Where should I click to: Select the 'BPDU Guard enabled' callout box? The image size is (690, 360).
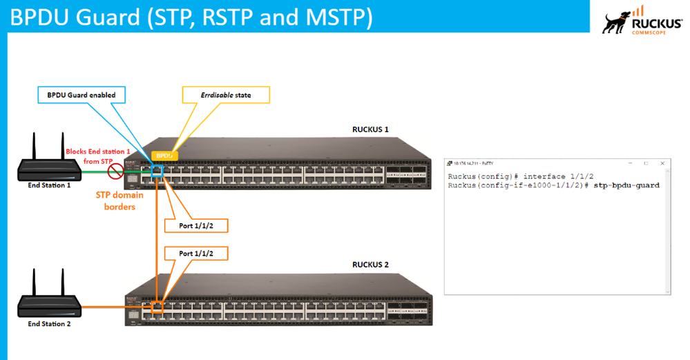pyautogui.click(x=81, y=95)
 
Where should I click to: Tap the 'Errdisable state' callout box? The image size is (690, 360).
pyautogui.click(x=225, y=95)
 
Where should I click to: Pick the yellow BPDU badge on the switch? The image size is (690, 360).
pyautogui.click(x=164, y=156)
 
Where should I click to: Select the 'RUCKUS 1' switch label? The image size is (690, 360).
pyautogui.click(x=370, y=129)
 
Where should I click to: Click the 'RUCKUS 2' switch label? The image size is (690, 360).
pyautogui.click(x=370, y=265)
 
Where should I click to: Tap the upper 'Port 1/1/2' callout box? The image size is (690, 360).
pyautogui.click(x=196, y=225)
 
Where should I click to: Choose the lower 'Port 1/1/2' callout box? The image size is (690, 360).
pyautogui.click(x=196, y=254)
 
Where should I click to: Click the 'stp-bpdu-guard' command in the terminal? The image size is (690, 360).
pyautogui.click(x=626, y=185)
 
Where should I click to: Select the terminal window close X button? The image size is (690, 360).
pyautogui.click(x=662, y=163)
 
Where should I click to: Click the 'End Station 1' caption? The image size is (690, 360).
pyautogui.click(x=49, y=185)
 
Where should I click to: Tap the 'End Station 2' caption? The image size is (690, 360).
pyautogui.click(x=49, y=323)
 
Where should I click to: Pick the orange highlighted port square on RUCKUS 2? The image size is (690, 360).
pyautogui.click(x=157, y=305)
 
